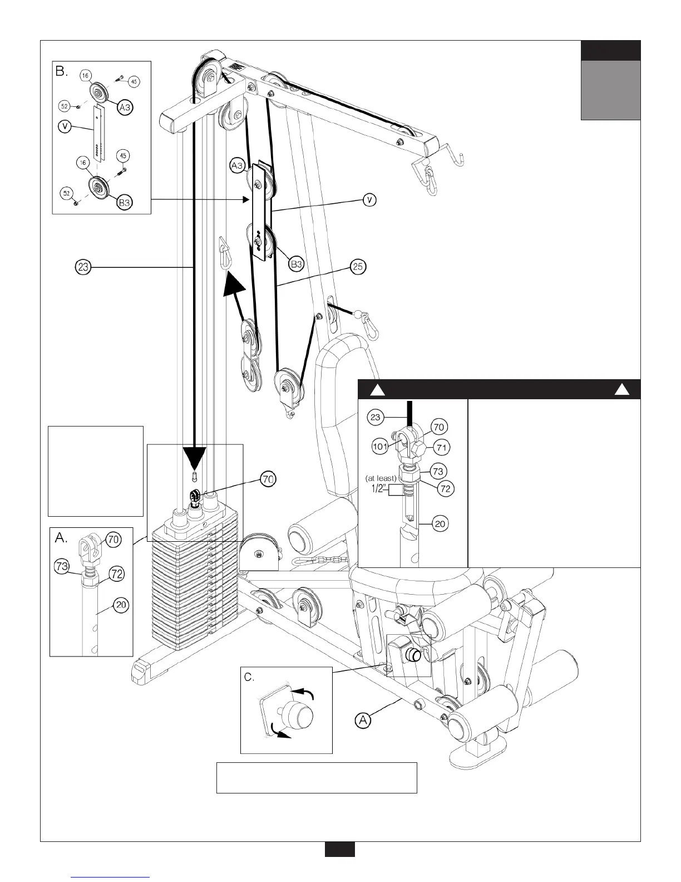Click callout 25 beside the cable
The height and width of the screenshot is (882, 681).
point(358,267)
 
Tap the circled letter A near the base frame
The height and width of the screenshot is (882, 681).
point(363,720)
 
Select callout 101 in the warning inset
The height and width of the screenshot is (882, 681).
point(380,446)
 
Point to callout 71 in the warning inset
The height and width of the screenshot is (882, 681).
point(443,447)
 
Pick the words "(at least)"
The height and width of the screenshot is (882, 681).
point(379,478)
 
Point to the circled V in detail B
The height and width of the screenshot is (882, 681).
point(66,126)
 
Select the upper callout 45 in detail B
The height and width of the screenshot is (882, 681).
point(134,81)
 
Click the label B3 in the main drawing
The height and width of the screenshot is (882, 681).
point(296,263)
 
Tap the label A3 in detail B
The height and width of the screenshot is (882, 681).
point(125,107)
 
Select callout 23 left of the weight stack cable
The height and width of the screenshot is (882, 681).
point(83,267)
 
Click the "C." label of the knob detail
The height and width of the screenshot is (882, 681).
point(250,677)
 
